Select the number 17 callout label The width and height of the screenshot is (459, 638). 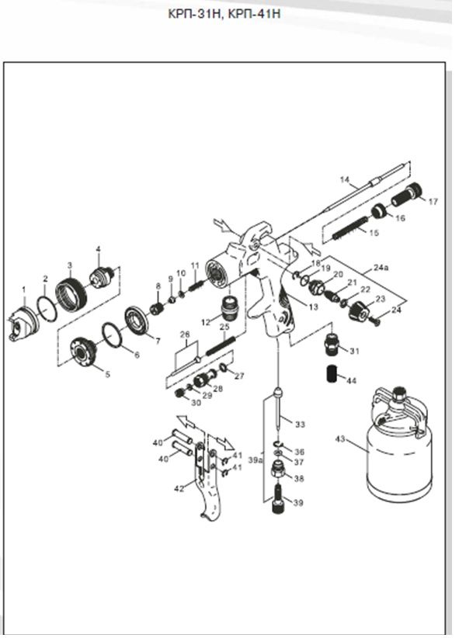[433, 201]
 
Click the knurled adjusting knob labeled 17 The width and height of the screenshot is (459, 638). [406, 195]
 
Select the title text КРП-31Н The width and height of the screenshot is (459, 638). [195, 13]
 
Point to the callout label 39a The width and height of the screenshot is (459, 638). [255, 460]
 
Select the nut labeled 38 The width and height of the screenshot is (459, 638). [279, 471]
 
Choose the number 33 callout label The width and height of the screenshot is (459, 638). [300, 425]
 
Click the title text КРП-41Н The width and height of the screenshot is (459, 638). [254, 13]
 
